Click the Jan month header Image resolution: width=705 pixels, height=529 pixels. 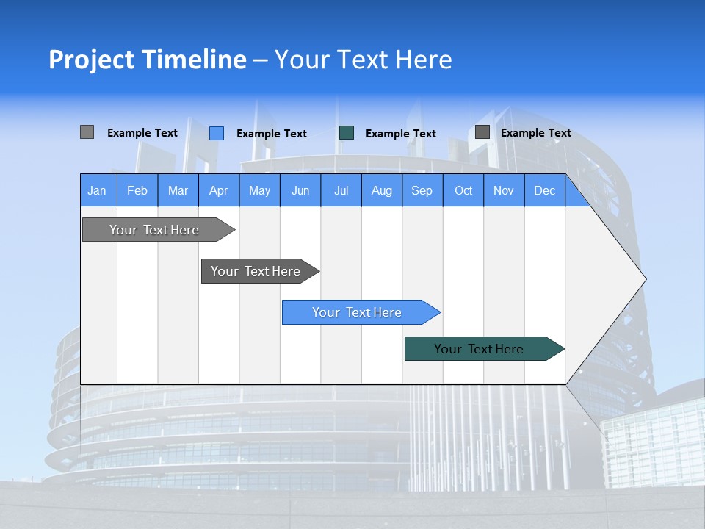(98, 190)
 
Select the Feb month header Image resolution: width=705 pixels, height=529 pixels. (137, 190)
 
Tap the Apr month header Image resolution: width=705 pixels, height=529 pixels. (218, 190)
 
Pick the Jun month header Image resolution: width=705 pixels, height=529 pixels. (300, 190)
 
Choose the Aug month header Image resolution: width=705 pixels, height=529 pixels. (381, 190)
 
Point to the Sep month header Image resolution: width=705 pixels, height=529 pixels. (422, 190)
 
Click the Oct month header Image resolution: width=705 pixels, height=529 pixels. (463, 190)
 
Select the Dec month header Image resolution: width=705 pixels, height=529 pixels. (544, 190)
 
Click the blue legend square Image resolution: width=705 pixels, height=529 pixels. (217, 133)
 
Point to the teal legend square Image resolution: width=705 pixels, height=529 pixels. (347, 133)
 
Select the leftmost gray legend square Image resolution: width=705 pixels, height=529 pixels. (87, 132)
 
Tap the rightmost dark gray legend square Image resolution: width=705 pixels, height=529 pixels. (482, 132)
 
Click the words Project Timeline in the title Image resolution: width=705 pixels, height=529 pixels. (147, 60)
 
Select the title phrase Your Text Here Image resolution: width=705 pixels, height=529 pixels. (363, 60)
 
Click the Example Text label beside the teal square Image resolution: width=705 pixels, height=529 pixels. (400, 134)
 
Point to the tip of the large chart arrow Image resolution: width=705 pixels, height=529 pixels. (645, 279)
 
